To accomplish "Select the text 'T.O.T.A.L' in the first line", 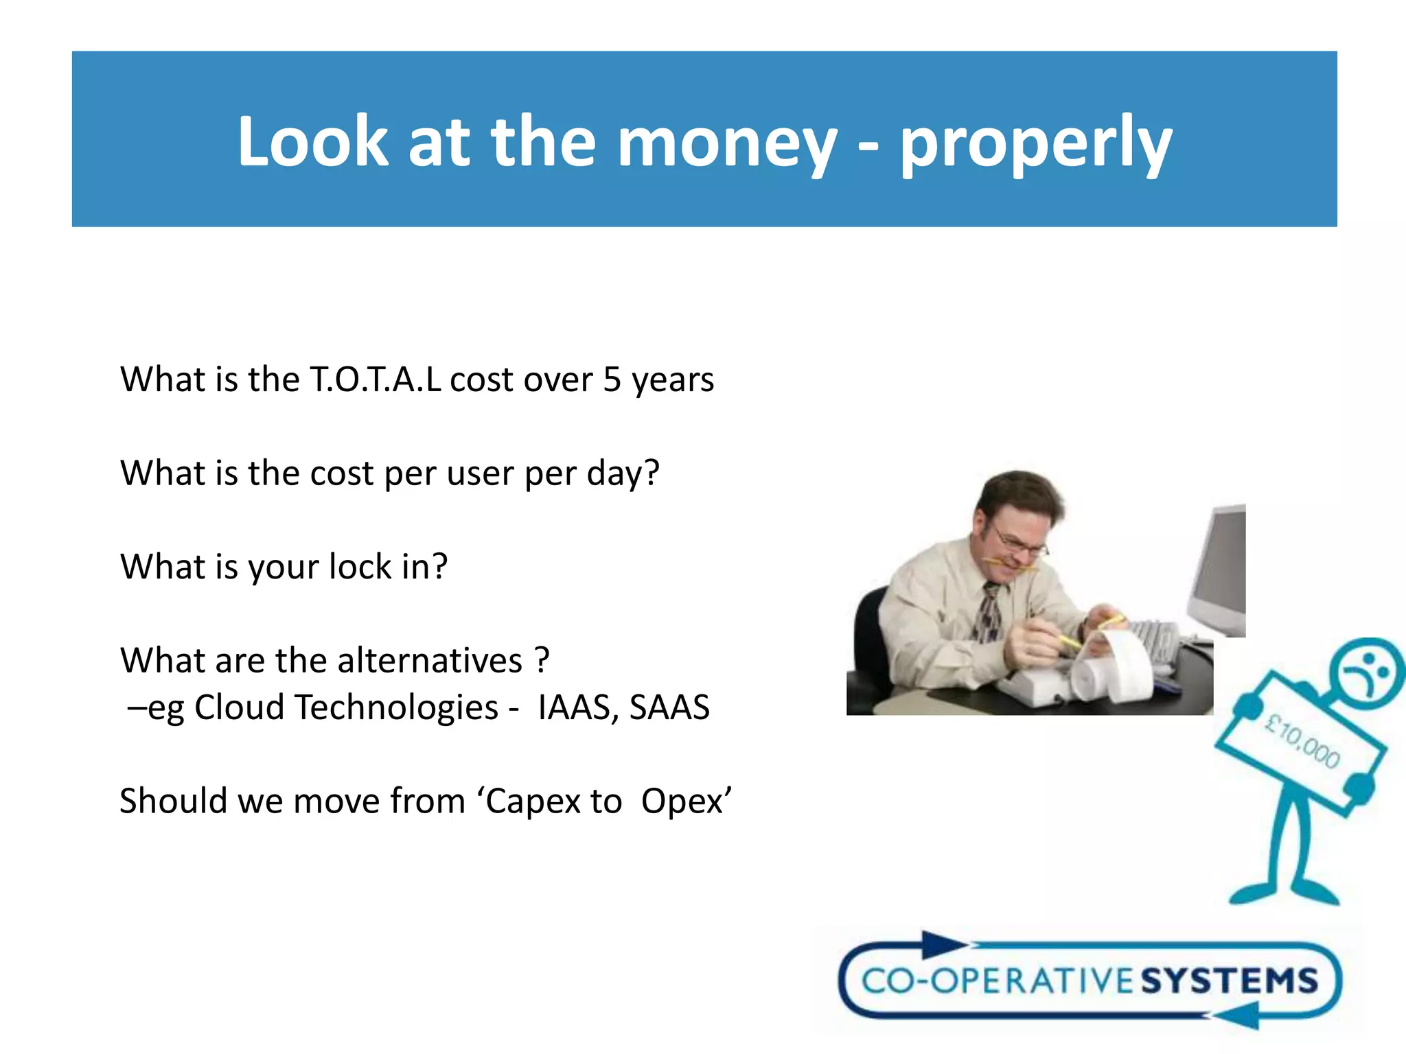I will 376,379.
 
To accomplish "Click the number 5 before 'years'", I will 612,379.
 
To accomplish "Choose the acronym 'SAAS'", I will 669,707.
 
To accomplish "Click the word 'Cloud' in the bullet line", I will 239,707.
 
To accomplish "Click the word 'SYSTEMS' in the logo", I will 1229,981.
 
